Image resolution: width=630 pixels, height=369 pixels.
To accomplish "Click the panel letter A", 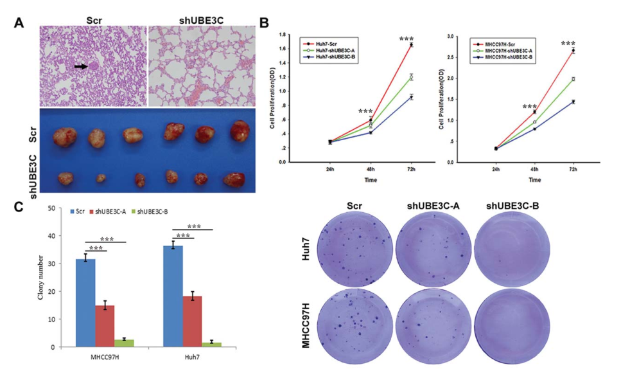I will click(20, 22).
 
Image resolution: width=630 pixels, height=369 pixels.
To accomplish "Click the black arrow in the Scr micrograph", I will click(82, 66).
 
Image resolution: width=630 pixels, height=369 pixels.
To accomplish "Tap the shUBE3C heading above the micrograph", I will click(200, 19).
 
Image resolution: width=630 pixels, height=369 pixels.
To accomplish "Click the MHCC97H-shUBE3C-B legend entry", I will click(504, 57).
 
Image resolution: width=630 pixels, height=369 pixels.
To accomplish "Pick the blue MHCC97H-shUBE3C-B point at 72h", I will click(573, 102).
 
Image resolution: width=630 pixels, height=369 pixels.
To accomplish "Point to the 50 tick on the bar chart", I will click(58, 208).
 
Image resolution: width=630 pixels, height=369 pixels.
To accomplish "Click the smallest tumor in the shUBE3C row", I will click(100, 177).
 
